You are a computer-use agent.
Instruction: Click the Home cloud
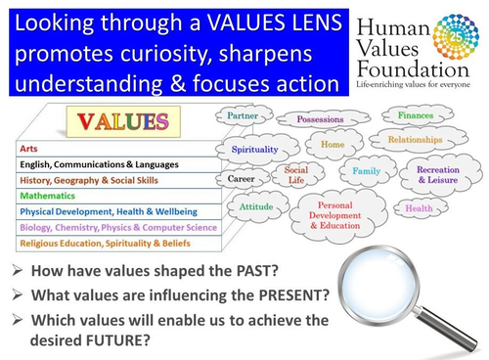point(332,145)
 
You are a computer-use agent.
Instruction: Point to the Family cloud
point(366,171)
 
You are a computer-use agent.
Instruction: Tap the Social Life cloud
point(295,175)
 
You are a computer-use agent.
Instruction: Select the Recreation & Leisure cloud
point(437,174)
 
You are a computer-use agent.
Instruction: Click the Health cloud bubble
point(419,207)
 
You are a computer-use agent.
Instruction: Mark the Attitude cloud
point(256,207)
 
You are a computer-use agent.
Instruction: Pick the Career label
point(242,180)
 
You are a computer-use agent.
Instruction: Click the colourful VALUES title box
point(117,122)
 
